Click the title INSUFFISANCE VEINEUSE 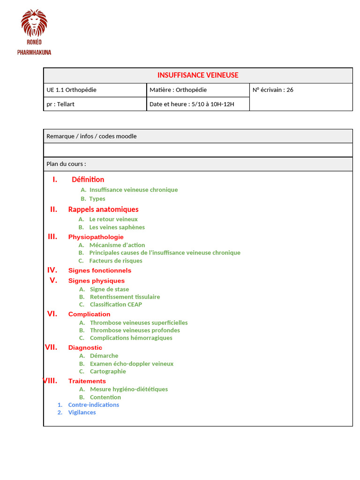point(198,75)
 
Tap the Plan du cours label point(66,164)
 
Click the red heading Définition point(88,180)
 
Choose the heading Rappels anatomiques point(103,210)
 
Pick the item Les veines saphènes point(117,227)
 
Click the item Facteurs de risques point(116,261)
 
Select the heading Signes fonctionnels point(100,270)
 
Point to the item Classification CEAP point(116,304)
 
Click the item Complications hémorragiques point(131,338)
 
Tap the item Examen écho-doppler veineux point(131,364)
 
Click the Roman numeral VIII point(50,381)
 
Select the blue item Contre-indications point(94,405)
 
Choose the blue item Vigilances point(82,412)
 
